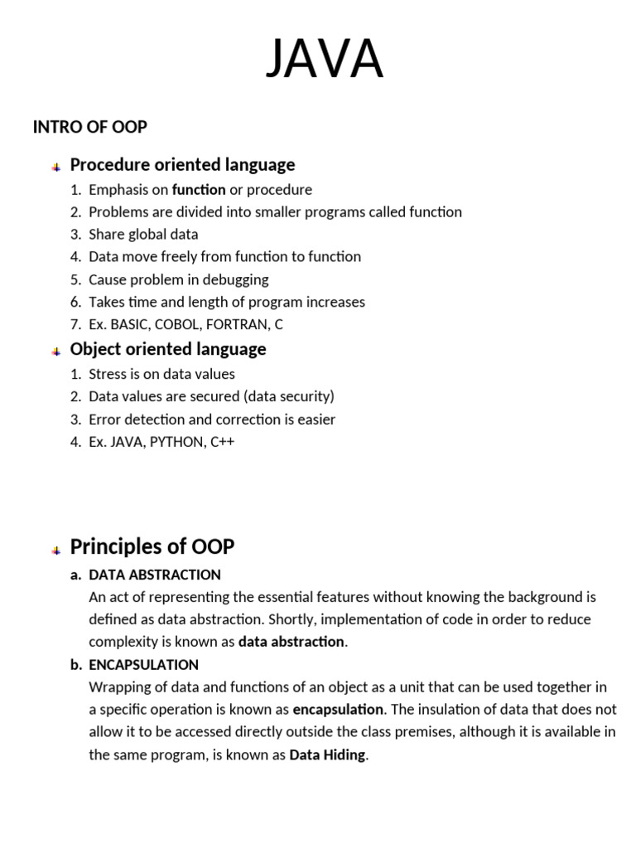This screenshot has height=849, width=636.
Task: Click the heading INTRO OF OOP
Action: pyautogui.click(x=89, y=127)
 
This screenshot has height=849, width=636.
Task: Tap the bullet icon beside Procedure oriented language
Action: pyautogui.click(x=55, y=167)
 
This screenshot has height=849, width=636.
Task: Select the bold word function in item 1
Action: pyautogui.click(x=199, y=190)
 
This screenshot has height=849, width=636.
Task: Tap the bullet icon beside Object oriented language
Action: pyautogui.click(x=55, y=351)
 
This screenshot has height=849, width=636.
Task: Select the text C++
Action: pyautogui.click(x=224, y=442)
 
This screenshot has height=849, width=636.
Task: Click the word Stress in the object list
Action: pyautogui.click(x=107, y=374)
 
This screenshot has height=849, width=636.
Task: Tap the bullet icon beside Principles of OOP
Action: pyautogui.click(x=55, y=549)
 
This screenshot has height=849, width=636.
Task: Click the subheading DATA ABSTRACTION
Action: pyautogui.click(x=155, y=575)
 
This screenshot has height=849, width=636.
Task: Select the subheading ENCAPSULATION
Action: pyautogui.click(x=143, y=665)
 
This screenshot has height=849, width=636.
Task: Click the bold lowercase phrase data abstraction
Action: pyautogui.click(x=291, y=642)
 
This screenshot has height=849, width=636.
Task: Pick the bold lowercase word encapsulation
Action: pyautogui.click(x=338, y=710)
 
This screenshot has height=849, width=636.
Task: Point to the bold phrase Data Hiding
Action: pyautogui.click(x=327, y=755)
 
